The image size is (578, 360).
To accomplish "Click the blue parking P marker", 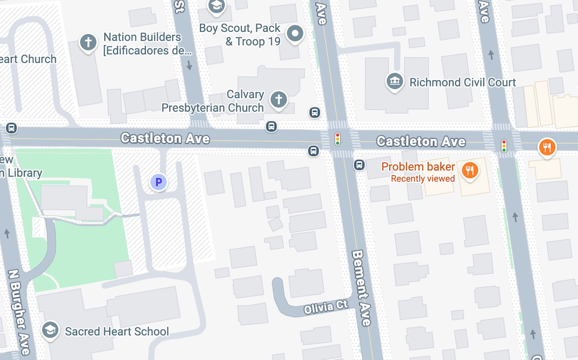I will tap(158, 182).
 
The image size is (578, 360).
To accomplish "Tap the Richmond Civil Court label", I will tap(462, 82).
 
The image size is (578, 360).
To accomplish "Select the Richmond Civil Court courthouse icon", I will tap(395, 82).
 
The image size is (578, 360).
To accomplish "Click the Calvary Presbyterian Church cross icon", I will tap(279, 99).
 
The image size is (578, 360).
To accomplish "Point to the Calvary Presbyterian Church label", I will tap(213, 101).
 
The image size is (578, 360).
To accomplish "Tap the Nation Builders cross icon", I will tap(89, 43).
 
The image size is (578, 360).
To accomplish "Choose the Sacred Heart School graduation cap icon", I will tap(50, 330).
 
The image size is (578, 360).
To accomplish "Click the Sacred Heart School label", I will tap(117, 332).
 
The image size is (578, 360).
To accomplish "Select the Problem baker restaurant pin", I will tap(470, 170).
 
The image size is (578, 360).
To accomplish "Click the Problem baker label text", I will tap(418, 167).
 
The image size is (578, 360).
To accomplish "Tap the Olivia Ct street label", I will tap(326, 307).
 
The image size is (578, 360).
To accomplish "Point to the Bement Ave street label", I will tap(361, 288).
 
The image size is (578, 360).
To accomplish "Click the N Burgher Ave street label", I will tap(19, 312).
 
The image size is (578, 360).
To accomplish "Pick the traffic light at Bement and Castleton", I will tap(337, 139).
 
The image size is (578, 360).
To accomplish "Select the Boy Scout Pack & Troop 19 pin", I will tap(295, 33).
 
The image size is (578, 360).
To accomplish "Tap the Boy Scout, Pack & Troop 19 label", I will tap(240, 35).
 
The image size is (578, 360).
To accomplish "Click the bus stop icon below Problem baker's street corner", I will tap(359, 165).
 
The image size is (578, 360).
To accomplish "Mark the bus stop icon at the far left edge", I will tap(12, 128).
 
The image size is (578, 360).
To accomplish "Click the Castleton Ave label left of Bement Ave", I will tap(165, 138).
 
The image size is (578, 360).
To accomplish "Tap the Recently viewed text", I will tap(423, 179).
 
